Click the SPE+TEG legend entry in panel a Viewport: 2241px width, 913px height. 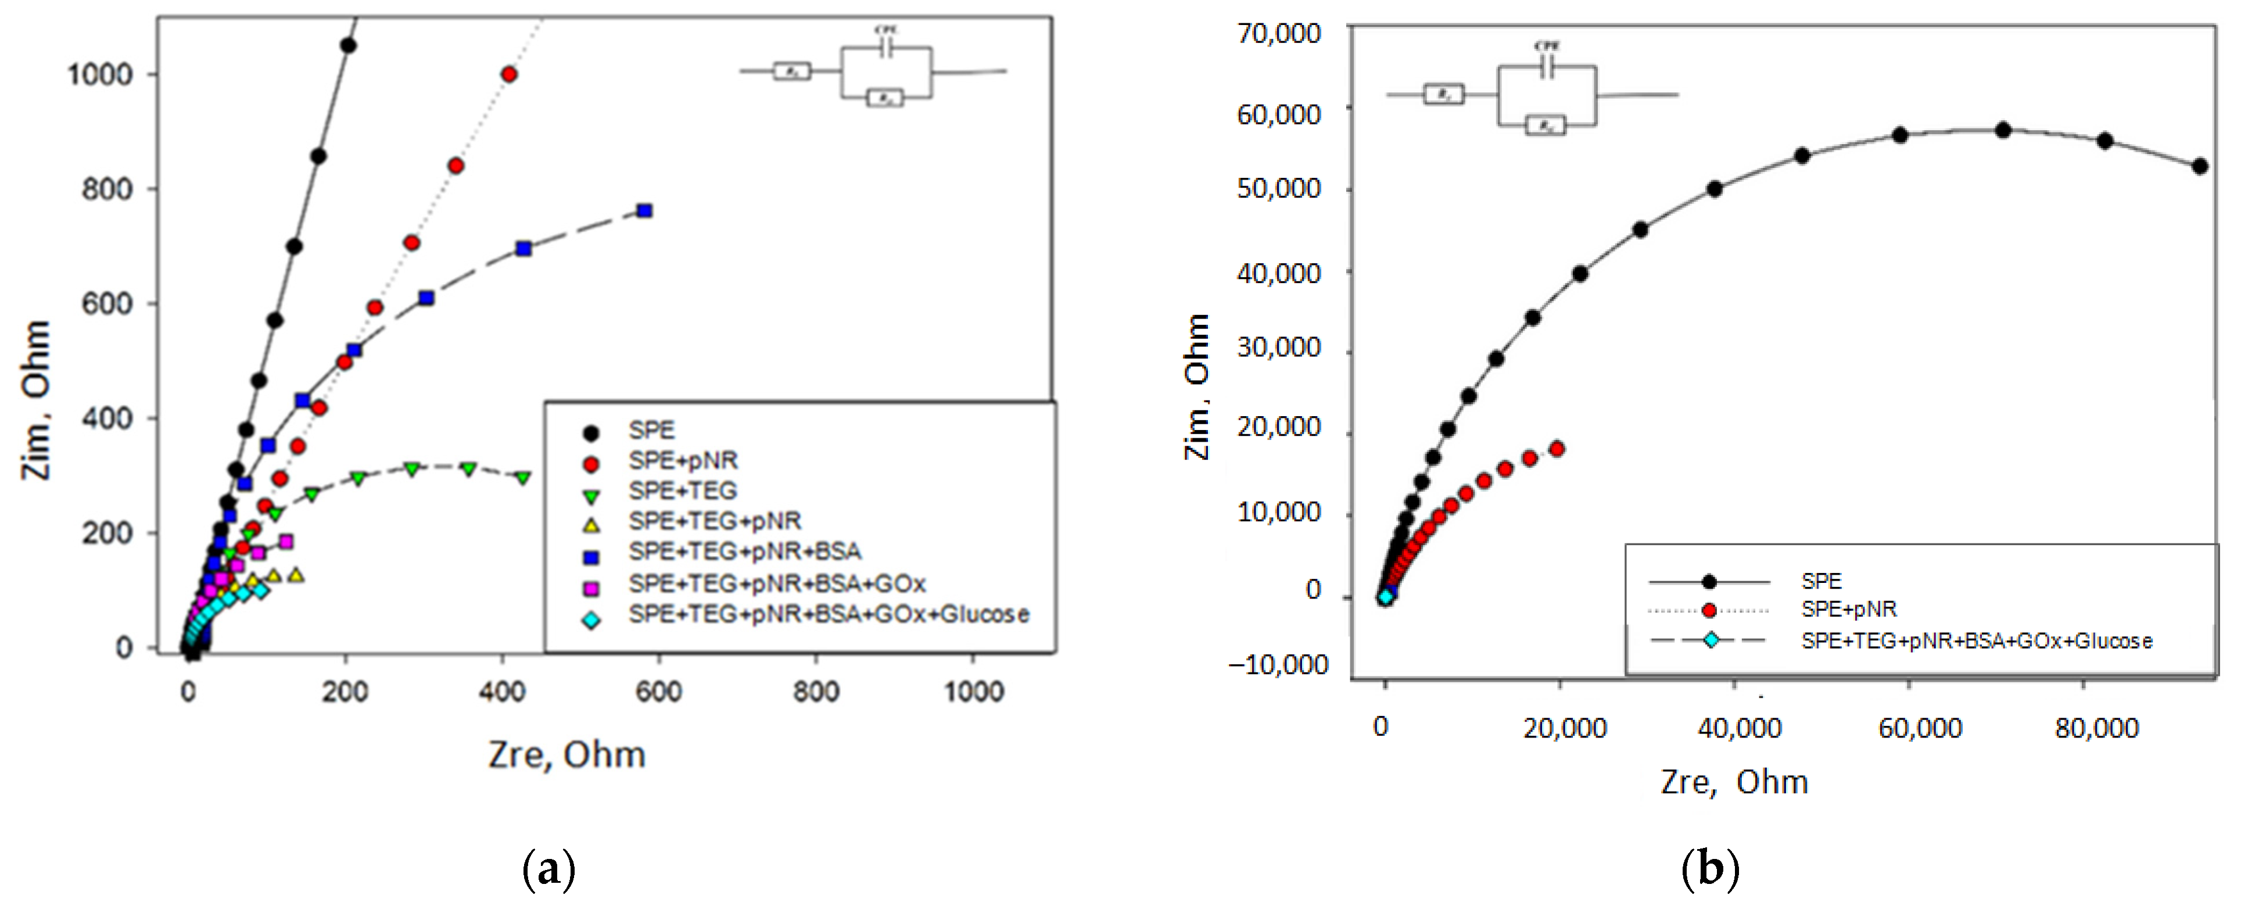(682, 491)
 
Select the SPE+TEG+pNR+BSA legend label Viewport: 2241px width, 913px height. (745, 552)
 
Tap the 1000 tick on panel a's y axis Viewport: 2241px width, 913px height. (100, 75)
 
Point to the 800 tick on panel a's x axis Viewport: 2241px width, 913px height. (815, 692)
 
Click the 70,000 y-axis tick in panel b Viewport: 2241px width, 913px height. (1278, 34)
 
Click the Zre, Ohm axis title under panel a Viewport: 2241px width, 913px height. (566, 754)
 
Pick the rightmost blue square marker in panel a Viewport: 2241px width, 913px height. (644, 210)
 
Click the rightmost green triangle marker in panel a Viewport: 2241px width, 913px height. (523, 478)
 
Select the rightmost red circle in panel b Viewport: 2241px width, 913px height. (1557, 449)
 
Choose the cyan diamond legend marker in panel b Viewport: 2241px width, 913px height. (1711, 640)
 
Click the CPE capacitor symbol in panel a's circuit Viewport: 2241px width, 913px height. (885, 49)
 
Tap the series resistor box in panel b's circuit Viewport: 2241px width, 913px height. (1443, 94)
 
